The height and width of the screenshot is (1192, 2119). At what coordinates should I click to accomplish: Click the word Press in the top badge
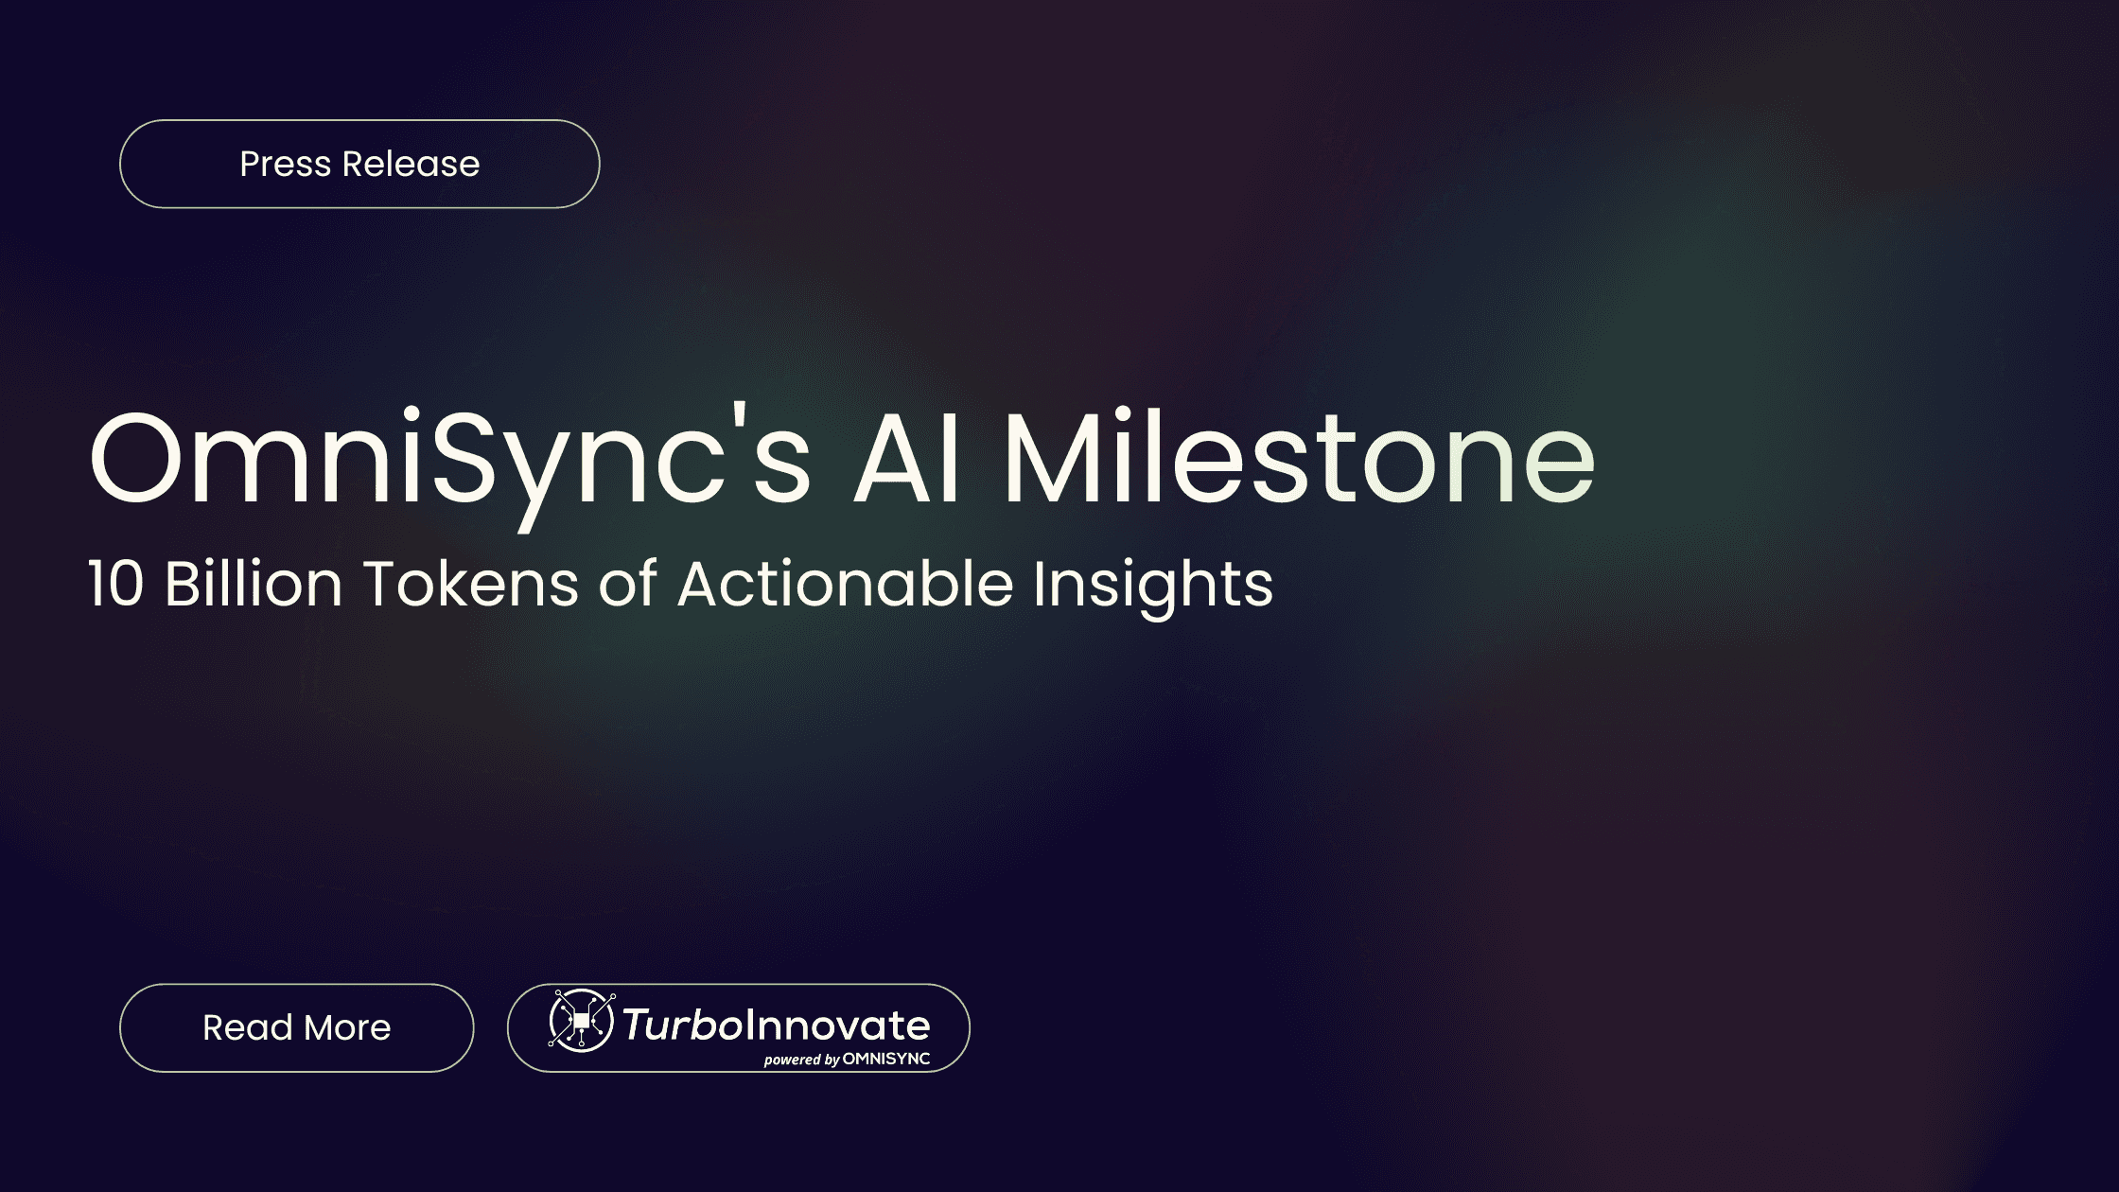point(285,164)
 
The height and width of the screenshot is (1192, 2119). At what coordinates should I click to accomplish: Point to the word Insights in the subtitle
point(1152,585)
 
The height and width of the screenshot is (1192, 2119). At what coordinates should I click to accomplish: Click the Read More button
point(296,1027)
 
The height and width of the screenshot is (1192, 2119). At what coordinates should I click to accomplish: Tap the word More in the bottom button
point(347,1027)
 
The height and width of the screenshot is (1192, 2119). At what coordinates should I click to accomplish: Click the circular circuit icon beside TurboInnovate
point(581,1021)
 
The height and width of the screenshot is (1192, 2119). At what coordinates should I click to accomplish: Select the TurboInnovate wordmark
point(776,1025)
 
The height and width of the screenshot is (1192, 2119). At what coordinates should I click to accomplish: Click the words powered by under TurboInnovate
point(801,1060)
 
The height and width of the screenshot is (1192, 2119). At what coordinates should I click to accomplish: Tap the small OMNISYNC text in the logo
point(885,1059)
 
